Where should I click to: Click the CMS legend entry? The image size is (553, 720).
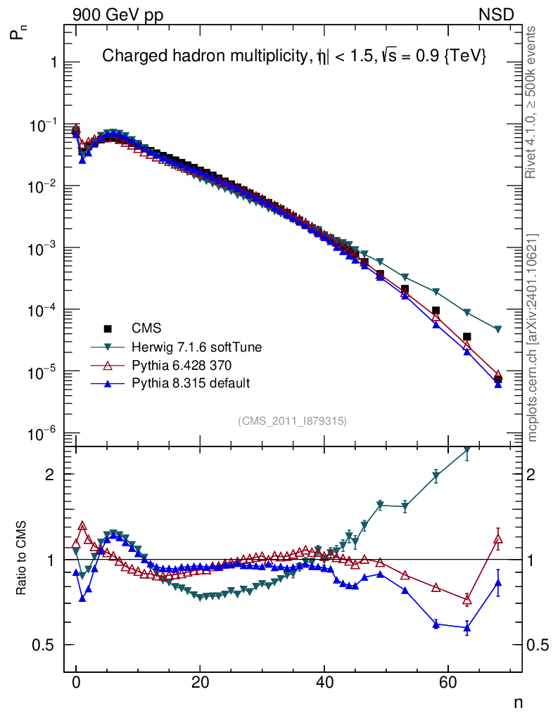146,328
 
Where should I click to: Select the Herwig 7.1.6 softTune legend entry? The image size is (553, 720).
190,347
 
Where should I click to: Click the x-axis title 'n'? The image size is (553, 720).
518,702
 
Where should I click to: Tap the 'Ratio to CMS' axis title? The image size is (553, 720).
22,559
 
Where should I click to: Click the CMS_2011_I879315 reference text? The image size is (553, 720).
293,420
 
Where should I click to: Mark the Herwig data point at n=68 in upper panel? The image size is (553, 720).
498,329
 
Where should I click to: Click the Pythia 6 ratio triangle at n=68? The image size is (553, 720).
498,539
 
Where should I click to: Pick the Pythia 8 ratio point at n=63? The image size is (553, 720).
466,628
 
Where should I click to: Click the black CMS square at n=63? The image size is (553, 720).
466,337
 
